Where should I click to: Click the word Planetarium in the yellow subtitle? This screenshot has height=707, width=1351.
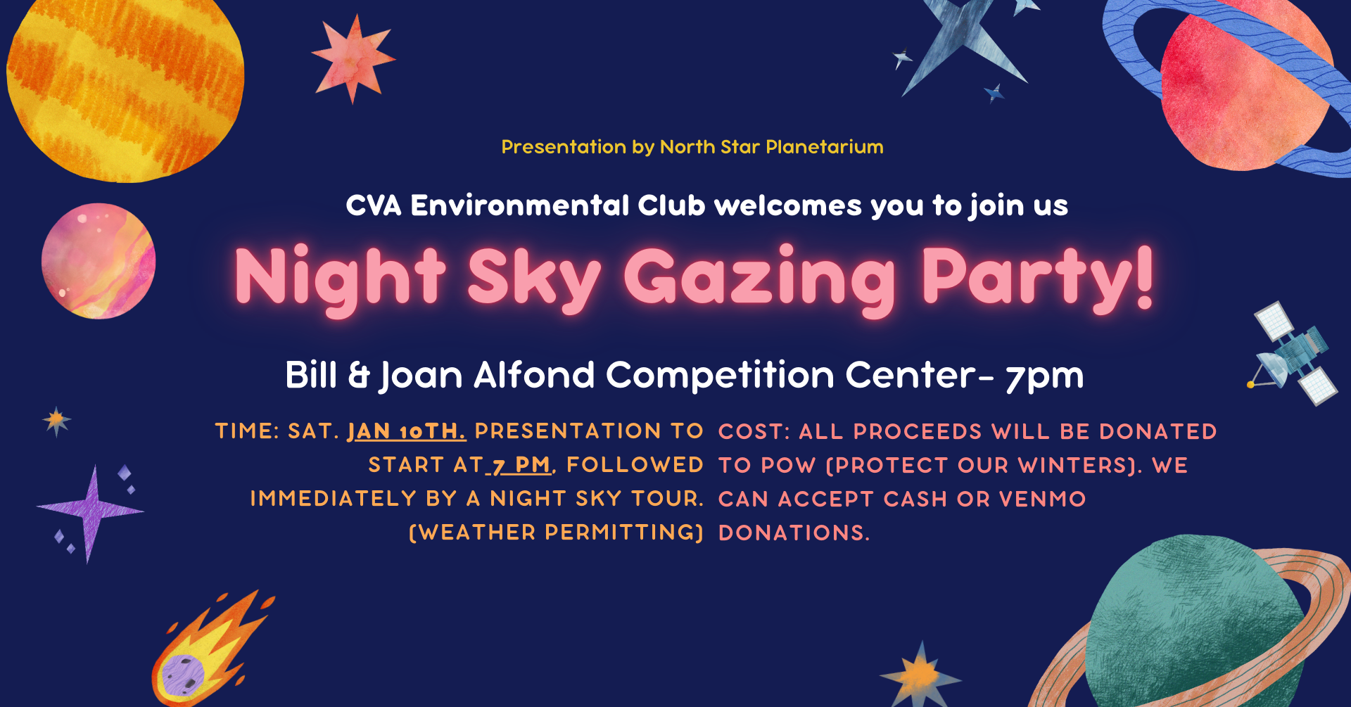[824, 147]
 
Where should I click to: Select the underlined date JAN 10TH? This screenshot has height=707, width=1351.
[406, 431]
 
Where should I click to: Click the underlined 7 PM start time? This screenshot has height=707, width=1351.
[521, 465]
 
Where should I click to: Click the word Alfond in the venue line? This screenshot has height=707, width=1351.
[534, 375]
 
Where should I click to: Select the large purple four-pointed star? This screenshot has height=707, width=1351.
[90, 511]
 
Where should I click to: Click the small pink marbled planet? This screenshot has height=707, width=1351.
[98, 262]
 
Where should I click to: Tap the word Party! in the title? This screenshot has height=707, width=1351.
[1038, 279]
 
